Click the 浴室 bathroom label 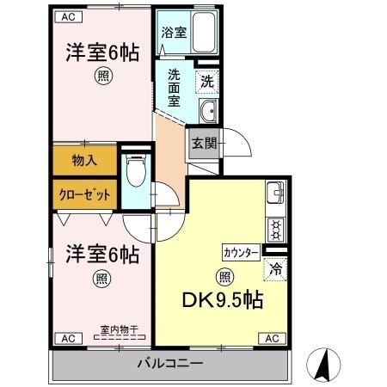point(173,33)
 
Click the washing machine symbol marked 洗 point(206,83)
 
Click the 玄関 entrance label point(203,144)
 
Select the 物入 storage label point(83,159)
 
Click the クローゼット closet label point(83,193)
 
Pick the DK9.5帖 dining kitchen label point(223,302)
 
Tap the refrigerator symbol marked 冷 point(275,268)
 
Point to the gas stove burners point(275,229)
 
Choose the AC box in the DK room point(271,338)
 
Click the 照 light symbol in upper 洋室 point(101,75)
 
